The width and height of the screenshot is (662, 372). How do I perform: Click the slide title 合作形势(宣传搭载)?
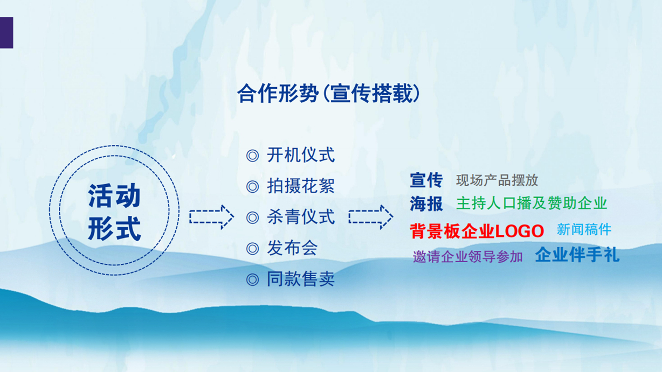[x=328, y=94]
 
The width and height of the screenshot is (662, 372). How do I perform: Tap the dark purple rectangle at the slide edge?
[x=6, y=32]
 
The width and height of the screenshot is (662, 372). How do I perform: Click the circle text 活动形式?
[x=114, y=212]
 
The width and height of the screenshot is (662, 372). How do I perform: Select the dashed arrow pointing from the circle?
[x=212, y=217]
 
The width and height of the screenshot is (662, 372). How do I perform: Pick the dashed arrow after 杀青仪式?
[x=371, y=217]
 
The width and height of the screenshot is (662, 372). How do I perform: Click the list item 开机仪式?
[x=301, y=155]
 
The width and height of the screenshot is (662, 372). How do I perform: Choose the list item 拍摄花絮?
[x=301, y=186]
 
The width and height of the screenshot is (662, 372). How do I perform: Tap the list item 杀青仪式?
[x=301, y=217]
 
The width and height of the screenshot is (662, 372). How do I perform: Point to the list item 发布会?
[x=292, y=248]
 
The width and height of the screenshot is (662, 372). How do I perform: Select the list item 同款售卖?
[x=301, y=279]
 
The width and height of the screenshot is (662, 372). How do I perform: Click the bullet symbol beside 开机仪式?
[x=252, y=156]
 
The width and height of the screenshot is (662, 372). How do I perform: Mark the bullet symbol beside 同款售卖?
[x=252, y=279]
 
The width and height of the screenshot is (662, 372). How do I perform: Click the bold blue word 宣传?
[x=426, y=180]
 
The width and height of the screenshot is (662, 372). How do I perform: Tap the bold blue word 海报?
[x=426, y=203]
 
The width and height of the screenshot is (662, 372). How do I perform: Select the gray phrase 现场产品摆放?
[x=497, y=180]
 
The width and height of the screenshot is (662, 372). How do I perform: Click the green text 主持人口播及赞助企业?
[x=532, y=203]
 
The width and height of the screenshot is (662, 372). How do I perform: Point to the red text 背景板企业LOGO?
[x=477, y=231]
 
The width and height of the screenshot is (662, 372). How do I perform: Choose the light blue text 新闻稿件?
[x=584, y=229]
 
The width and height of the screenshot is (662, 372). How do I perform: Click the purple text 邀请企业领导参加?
[x=467, y=257]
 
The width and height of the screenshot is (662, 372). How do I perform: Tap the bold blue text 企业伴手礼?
[x=577, y=255]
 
